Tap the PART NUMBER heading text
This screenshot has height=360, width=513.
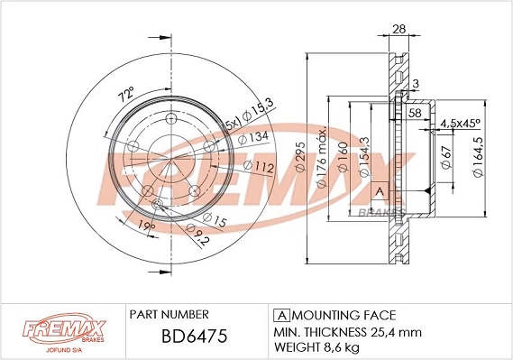click(169, 315)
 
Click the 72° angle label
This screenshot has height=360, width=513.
click(124, 93)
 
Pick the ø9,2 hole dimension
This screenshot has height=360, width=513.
click(199, 237)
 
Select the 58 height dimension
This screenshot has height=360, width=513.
click(415, 113)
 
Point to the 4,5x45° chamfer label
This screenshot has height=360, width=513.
click(460, 123)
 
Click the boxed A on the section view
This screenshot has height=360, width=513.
click(380, 191)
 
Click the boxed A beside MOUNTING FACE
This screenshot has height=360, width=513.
click(280, 315)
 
